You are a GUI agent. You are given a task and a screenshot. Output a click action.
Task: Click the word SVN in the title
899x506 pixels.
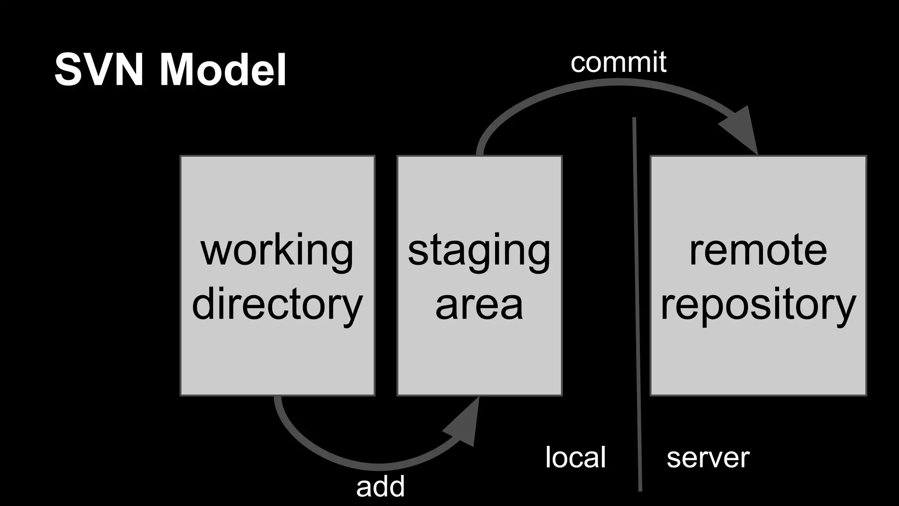99,70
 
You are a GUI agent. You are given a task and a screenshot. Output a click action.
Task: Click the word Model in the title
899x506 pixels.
223,70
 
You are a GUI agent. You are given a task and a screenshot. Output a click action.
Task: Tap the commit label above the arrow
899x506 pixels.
618,62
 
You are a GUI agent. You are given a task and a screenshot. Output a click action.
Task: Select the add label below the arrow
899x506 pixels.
380,487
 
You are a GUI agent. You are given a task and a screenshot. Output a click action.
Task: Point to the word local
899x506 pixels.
575,457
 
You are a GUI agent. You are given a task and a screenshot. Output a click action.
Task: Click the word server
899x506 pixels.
708,459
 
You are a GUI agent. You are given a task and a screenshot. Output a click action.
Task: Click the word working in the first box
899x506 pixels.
277,251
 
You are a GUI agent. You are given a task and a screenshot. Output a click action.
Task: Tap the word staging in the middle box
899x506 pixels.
479,251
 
